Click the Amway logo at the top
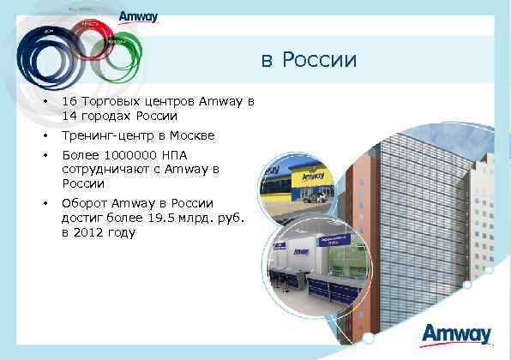tap(138, 17)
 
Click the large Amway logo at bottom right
tap(457, 333)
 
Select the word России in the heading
tap(319, 60)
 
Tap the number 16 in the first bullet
tap(69, 102)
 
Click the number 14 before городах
tap(69, 116)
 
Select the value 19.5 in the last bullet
tap(157, 218)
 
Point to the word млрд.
tap(190, 218)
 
